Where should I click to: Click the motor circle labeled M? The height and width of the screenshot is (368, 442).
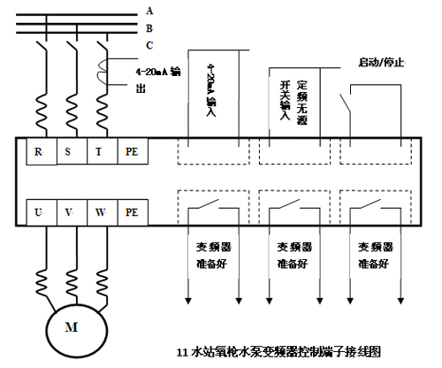(x=71, y=325)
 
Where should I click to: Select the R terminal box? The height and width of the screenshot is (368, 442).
(x=40, y=152)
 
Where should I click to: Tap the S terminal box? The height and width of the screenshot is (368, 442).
(x=70, y=152)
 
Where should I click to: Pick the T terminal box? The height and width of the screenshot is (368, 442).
(x=100, y=152)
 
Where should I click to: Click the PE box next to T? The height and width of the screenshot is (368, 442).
(x=132, y=152)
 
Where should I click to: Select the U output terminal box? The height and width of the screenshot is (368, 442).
(x=40, y=212)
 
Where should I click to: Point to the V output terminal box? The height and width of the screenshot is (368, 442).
(x=70, y=212)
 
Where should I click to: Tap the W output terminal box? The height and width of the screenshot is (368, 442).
(x=100, y=212)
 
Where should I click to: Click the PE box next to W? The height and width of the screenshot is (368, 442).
(x=132, y=212)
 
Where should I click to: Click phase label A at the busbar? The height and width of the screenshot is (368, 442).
(x=149, y=11)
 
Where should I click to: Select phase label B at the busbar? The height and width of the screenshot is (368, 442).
(x=149, y=27)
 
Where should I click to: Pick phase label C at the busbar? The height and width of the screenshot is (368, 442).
(x=149, y=44)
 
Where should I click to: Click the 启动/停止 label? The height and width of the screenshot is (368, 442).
(x=381, y=62)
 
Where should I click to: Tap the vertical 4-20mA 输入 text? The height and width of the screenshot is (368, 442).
(x=210, y=89)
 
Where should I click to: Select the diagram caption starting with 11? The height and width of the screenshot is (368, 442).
(x=278, y=350)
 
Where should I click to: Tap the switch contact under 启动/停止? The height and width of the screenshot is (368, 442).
(x=354, y=102)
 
